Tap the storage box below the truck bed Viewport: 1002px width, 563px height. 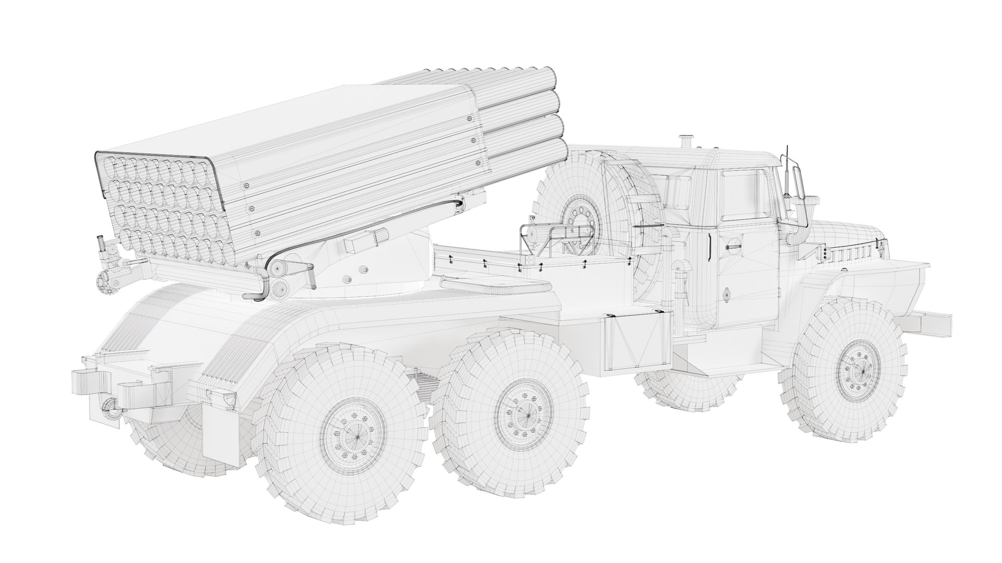(637, 341)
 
